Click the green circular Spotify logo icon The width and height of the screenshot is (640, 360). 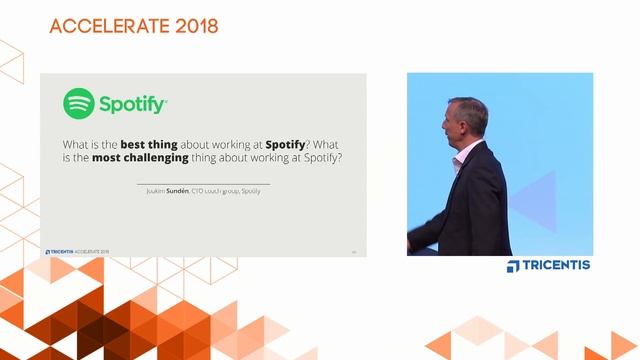(79, 104)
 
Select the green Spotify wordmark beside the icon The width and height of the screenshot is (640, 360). (133, 104)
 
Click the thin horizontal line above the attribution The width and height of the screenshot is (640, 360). (203, 183)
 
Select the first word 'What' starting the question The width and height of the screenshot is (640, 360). (76, 143)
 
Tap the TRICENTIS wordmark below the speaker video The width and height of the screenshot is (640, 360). (556, 265)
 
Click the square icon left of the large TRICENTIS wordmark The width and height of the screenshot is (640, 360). (513, 265)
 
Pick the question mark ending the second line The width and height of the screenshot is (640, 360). (343, 158)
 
